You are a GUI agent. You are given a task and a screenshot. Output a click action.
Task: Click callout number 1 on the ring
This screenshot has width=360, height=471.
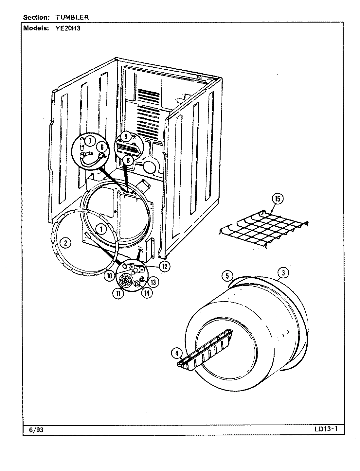click(101, 229)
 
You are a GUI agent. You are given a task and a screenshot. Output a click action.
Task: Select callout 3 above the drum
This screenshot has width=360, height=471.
click(283, 272)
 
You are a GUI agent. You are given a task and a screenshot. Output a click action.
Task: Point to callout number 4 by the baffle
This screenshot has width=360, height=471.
click(177, 353)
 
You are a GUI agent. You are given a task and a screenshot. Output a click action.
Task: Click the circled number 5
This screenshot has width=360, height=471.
click(226, 276)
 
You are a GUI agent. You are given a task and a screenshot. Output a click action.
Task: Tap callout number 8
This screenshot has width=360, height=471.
click(128, 161)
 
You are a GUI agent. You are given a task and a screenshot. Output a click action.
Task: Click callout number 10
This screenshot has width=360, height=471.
click(109, 275)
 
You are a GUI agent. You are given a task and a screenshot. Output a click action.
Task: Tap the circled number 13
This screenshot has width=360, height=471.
click(153, 281)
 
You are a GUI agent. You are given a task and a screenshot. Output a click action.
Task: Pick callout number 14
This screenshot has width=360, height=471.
click(146, 293)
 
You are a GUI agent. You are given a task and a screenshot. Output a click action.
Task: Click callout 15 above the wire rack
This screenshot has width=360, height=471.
click(278, 199)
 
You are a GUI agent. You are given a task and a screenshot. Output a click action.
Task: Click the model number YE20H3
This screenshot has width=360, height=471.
click(65, 28)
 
